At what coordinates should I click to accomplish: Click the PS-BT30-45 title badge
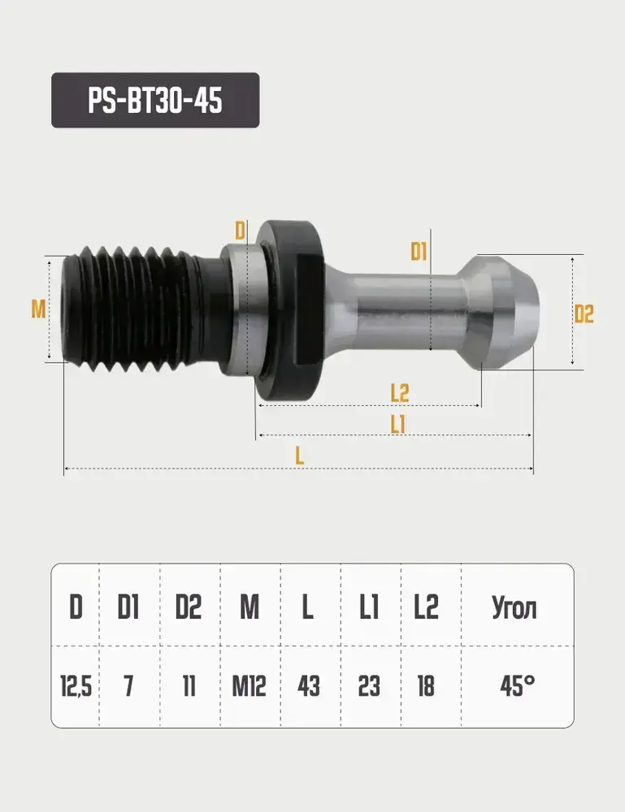tap(155, 100)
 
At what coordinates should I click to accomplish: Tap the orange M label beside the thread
tap(38, 309)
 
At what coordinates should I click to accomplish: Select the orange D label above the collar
tap(240, 231)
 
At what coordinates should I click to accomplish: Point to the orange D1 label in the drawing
tap(419, 252)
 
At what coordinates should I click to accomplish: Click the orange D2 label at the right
tap(584, 313)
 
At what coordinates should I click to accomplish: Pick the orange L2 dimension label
tap(400, 393)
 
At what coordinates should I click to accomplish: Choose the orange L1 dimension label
tap(397, 425)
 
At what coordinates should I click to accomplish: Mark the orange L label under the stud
tap(300, 456)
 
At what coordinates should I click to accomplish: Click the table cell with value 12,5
tap(76, 686)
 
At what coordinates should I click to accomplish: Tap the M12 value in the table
tap(250, 686)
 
